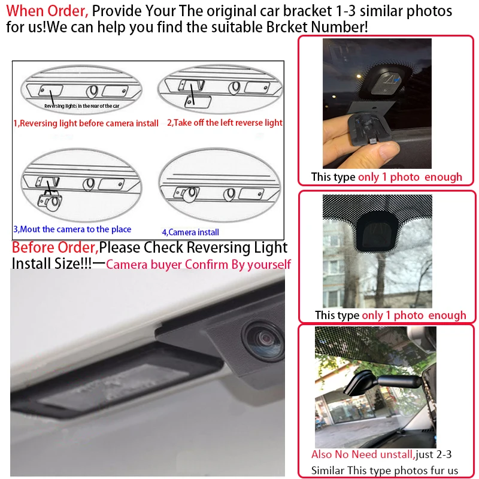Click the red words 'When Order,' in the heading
click(47, 11)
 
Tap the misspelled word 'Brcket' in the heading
click(287, 27)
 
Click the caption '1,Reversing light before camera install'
click(86, 123)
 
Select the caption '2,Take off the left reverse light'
click(225, 123)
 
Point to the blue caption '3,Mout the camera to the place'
click(72, 229)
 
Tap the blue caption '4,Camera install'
click(190, 232)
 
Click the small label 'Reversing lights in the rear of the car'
click(82, 106)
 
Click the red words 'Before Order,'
click(55, 247)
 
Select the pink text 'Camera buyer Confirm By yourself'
click(198, 265)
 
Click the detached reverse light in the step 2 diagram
click(198, 102)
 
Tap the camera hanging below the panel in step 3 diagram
click(50, 202)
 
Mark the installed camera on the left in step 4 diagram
click(186, 193)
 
